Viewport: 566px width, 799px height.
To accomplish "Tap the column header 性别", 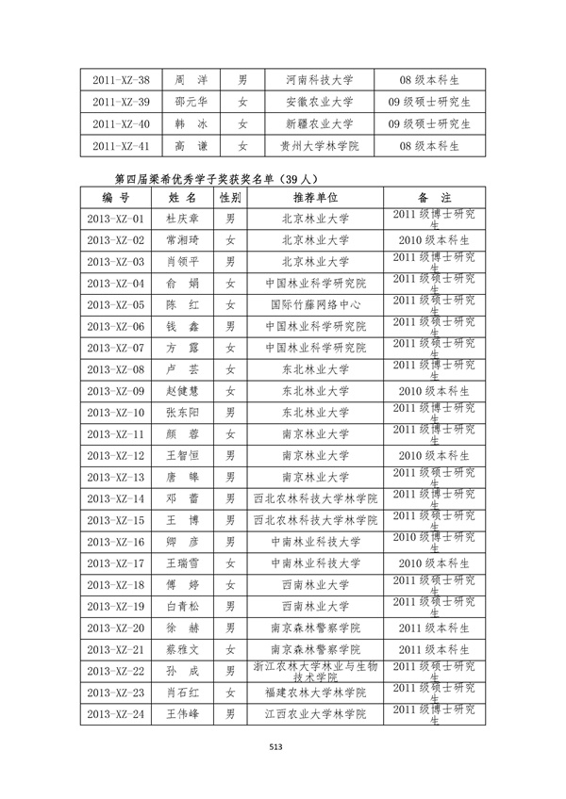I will (230, 197).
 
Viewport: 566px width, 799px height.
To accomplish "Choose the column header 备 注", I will (434, 197).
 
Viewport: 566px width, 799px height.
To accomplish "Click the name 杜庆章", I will (182, 219).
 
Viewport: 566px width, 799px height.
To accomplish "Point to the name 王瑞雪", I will (182, 563).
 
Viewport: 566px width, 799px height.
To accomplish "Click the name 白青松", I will (182, 606).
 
